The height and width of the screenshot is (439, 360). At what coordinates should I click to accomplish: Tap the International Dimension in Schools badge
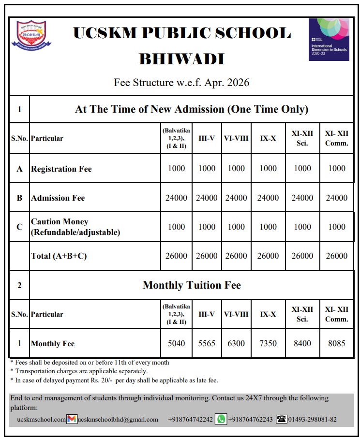(x=329, y=40)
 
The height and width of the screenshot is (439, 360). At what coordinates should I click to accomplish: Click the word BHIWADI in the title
(x=181, y=59)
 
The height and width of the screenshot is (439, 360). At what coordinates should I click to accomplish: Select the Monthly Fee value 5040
(x=176, y=343)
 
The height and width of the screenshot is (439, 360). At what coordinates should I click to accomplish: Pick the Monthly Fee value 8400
(x=302, y=343)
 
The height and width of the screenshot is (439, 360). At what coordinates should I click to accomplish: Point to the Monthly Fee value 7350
(x=268, y=343)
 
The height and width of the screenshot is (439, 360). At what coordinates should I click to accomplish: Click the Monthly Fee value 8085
(x=336, y=343)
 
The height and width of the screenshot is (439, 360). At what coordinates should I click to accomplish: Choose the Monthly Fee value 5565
(x=207, y=343)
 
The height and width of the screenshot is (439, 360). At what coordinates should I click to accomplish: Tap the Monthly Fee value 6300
(x=236, y=343)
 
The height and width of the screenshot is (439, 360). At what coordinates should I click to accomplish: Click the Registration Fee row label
(x=61, y=169)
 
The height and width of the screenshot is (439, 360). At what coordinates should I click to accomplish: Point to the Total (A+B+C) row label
(x=59, y=256)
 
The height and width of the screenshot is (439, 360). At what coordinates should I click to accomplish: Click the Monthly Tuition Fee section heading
(x=192, y=285)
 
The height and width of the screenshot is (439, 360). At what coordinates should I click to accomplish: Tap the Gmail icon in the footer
(x=72, y=419)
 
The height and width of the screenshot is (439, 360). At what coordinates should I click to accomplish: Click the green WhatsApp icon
(x=221, y=419)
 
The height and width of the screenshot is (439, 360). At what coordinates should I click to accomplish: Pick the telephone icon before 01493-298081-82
(x=281, y=419)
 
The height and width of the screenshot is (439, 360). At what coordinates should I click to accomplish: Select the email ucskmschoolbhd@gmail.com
(x=118, y=419)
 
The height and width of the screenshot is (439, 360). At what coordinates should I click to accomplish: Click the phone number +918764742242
(x=190, y=419)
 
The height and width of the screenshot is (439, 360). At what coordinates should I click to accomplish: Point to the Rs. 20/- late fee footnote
(x=114, y=380)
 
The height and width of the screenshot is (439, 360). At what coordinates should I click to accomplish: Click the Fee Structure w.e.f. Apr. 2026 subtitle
(x=181, y=82)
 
